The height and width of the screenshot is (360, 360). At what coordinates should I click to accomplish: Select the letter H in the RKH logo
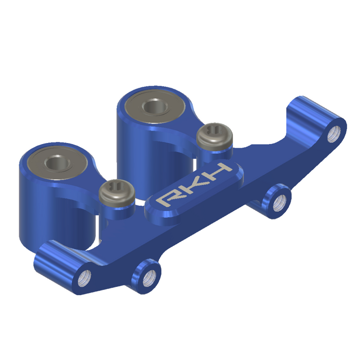[219, 173]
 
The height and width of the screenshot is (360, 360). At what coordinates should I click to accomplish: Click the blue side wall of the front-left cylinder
[39, 206]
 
